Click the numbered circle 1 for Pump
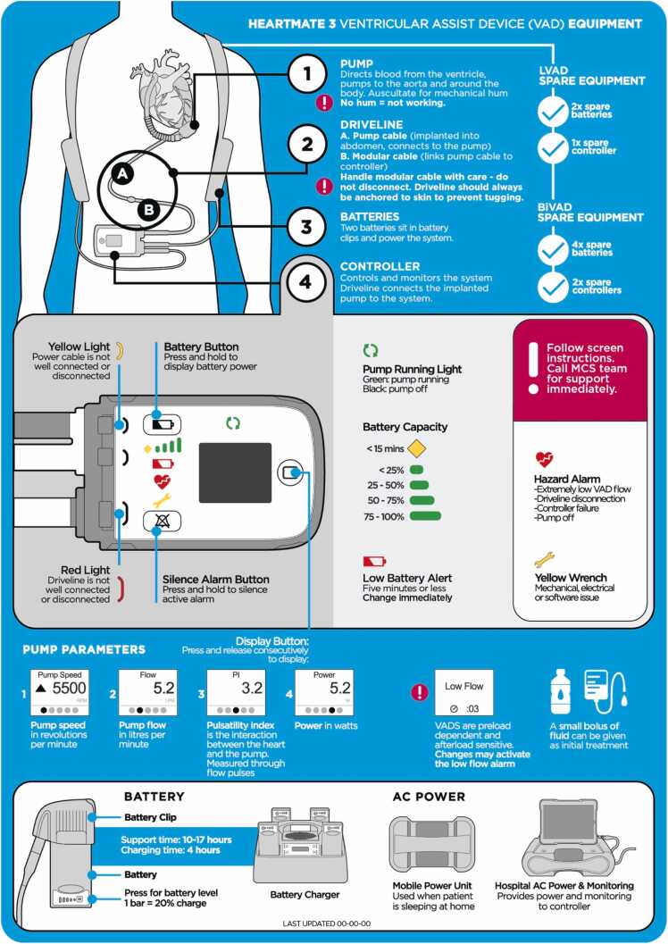pyautogui.click(x=307, y=74)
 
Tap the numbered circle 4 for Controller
pyautogui.click(x=305, y=281)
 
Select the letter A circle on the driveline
pyautogui.click(x=122, y=174)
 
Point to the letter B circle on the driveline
pyautogui.click(x=148, y=210)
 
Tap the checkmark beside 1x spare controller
pyautogui.click(x=553, y=148)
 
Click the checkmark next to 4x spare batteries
pyautogui.click(x=553, y=250)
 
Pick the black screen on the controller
pyautogui.click(x=235, y=472)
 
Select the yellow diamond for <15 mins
pyautogui.click(x=416, y=448)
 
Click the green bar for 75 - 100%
pyautogui.click(x=425, y=516)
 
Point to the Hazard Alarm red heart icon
pyautogui.click(x=544, y=460)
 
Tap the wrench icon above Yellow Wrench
pyautogui.click(x=544, y=560)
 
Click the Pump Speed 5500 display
pyautogui.click(x=60, y=692)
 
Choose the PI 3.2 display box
pyautogui.click(x=236, y=692)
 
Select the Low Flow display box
pyautogui.click(x=464, y=692)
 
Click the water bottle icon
pyautogui.click(x=560, y=691)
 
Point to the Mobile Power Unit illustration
pyautogui.click(x=432, y=845)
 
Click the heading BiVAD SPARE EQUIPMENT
pyautogui.click(x=590, y=212)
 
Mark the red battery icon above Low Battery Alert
pyautogui.click(x=374, y=562)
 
